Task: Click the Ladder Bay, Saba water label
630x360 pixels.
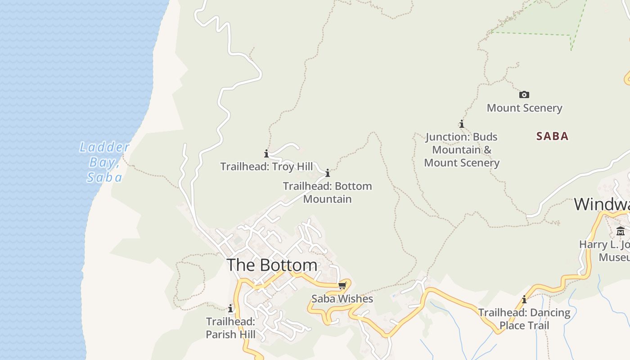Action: [x=104, y=162]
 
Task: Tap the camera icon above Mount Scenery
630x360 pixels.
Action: [x=524, y=94]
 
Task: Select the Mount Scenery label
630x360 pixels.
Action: [x=524, y=108]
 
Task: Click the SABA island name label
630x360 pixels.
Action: [x=552, y=136]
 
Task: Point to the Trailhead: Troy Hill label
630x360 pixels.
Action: [x=266, y=166]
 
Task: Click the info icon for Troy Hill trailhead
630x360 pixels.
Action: [x=266, y=153]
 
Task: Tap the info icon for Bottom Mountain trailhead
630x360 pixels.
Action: [x=328, y=173]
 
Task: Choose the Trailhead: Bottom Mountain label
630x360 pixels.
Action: [x=328, y=193]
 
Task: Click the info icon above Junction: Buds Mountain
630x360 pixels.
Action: [x=461, y=124]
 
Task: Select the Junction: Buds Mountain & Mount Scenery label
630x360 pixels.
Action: [x=462, y=150]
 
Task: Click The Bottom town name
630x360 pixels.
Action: [x=272, y=265]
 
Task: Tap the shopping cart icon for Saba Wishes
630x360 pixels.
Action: [x=342, y=286]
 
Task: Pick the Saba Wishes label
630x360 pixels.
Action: [x=342, y=299]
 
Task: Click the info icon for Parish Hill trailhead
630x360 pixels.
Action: [x=230, y=309]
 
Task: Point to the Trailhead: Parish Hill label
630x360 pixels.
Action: [x=230, y=328]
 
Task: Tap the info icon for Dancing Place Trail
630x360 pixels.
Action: [x=524, y=299]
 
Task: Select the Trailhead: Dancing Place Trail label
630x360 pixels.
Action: [x=524, y=319]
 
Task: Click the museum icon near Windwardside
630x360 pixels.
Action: [x=621, y=231]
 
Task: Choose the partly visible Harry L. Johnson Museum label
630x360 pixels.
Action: [x=605, y=251]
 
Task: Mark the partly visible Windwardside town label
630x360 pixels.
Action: [x=602, y=204]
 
